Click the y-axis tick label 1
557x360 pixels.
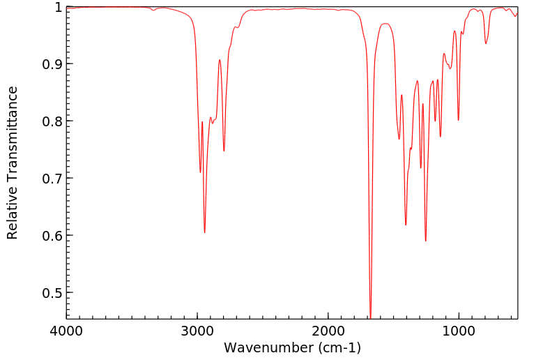tap(58, 7)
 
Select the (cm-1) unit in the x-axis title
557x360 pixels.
tap(338, 347)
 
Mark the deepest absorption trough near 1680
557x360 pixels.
tap(370, 316)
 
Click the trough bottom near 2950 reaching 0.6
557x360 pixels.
tap(204, 232)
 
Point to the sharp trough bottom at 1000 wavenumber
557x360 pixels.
tap(458, 120)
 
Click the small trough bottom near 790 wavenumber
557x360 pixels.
tap(486, 43)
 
